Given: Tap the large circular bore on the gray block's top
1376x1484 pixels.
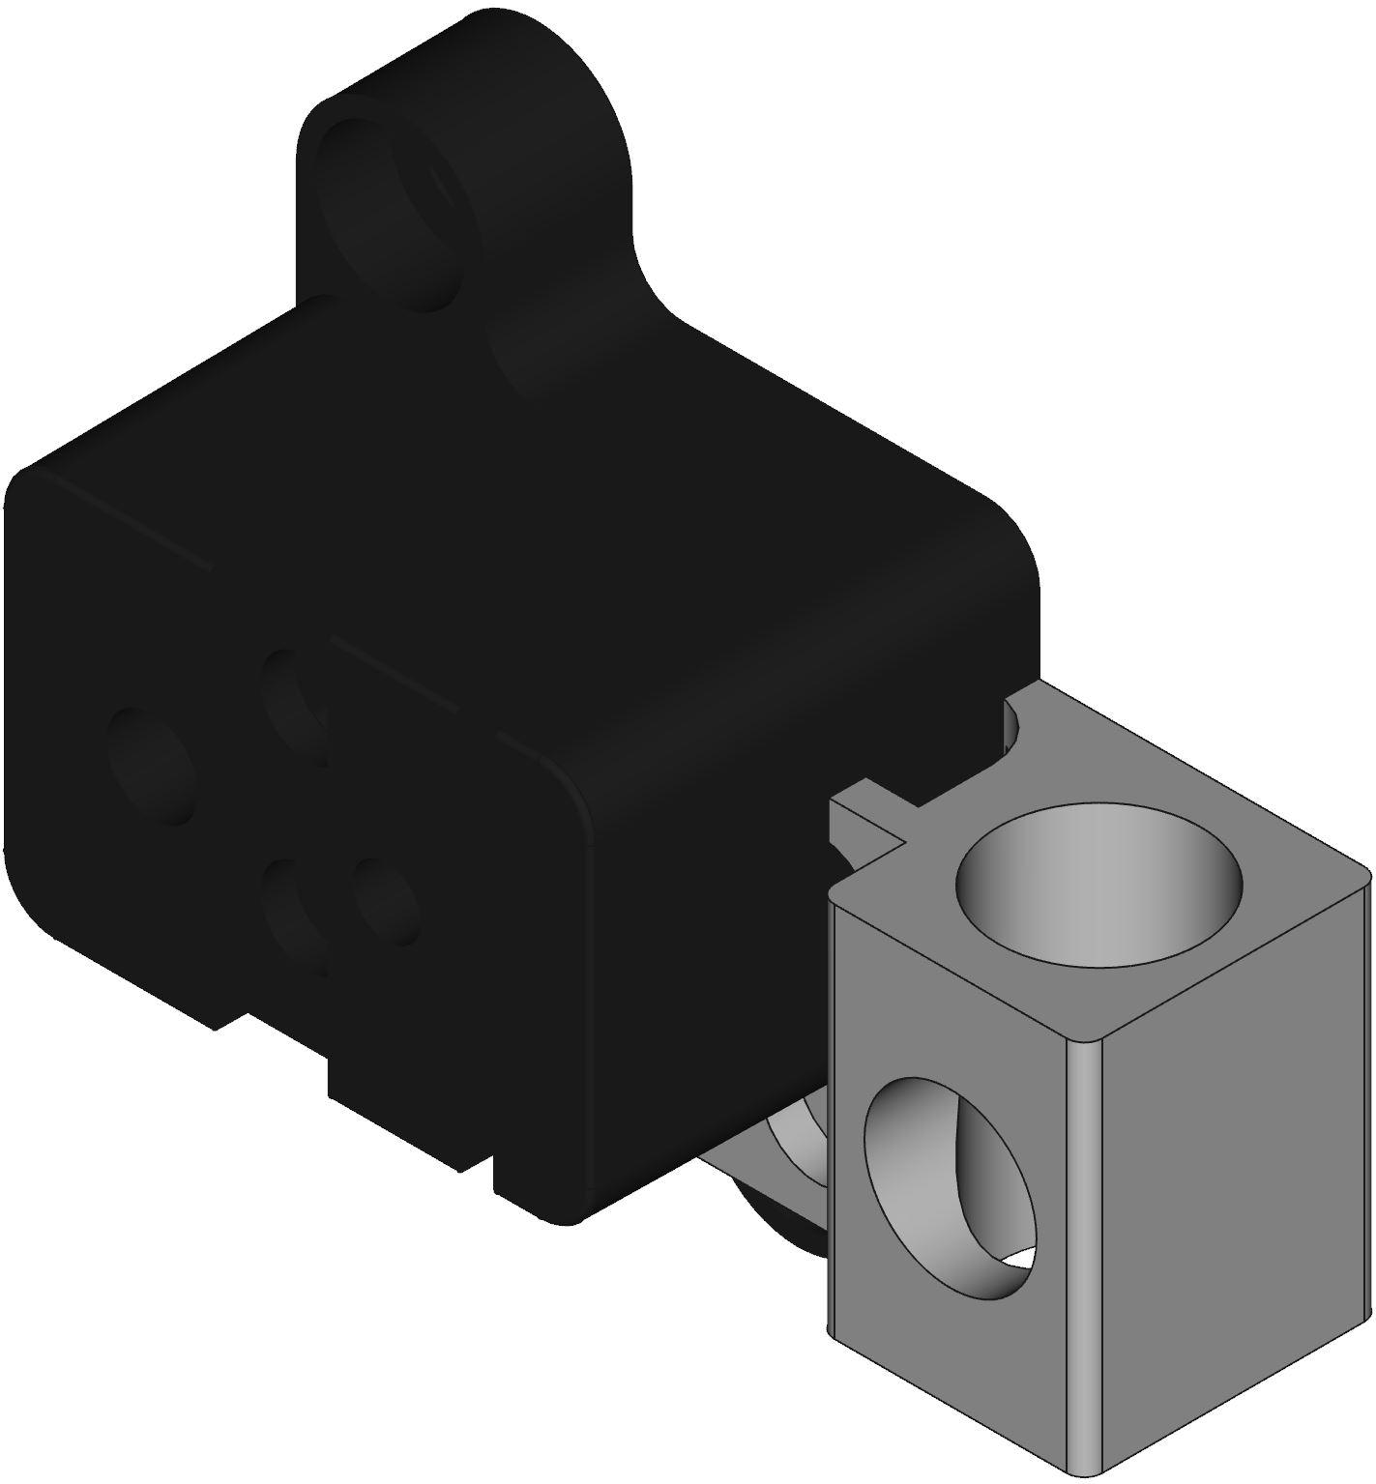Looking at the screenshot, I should coord(1098,882).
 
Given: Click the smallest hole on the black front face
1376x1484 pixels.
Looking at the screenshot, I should coord(386,901).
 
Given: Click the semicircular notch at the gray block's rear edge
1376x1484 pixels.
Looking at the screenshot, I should coord(1014,726).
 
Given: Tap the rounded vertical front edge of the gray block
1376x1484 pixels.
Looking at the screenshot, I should coord(1084,1257).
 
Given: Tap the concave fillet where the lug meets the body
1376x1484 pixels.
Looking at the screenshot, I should coord(658,290).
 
